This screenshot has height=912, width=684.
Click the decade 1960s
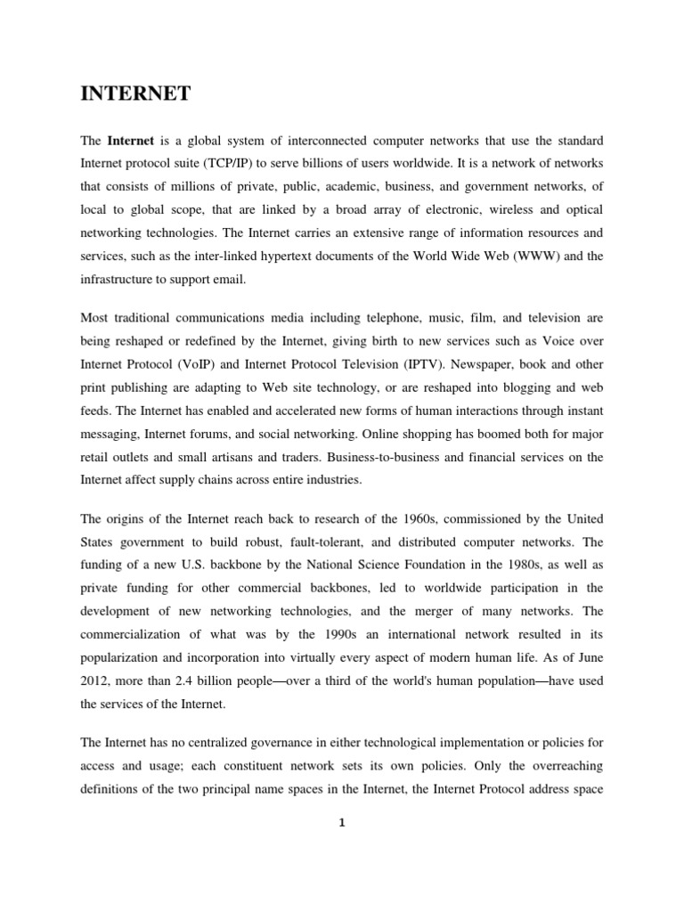399,518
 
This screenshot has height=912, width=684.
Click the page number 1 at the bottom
342,822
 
